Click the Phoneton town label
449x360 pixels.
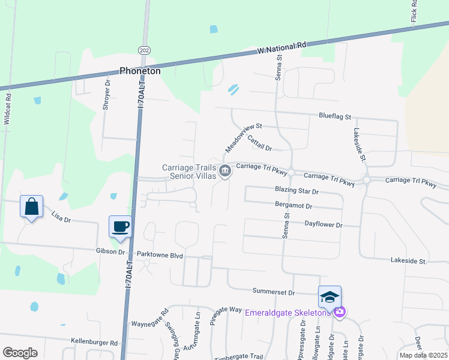[140, 71]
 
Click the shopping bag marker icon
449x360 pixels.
[31, 207]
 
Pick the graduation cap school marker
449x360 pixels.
[330, 297]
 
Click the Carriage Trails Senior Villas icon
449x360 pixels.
[225, 172]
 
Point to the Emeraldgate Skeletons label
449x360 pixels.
[288, 312]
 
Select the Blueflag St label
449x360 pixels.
[335, 117]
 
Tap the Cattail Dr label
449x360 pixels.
[259, 143]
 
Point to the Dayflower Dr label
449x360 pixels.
[323, 225]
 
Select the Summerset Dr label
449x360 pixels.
[274, 293]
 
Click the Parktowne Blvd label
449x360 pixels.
[160, 255]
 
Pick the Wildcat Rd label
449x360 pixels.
[7, 108]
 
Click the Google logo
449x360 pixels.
[20, 353]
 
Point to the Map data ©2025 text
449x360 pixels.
[423, 355]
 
